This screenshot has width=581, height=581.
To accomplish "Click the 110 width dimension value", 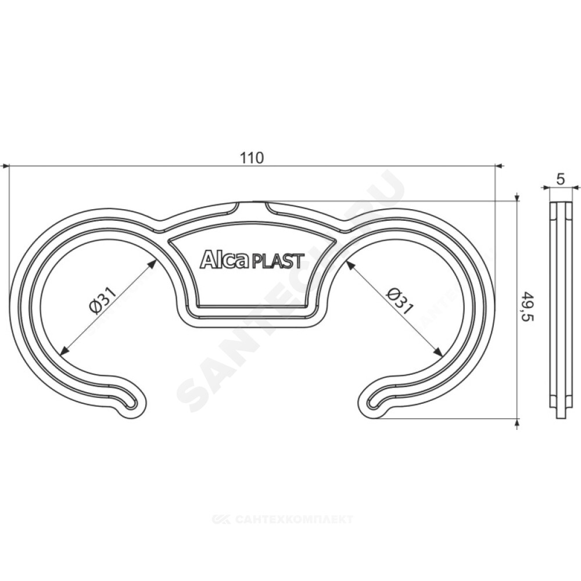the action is click(252, 158).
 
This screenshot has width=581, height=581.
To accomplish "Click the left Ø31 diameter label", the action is click(103, 300).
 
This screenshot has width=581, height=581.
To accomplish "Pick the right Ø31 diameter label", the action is click(400, 300).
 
